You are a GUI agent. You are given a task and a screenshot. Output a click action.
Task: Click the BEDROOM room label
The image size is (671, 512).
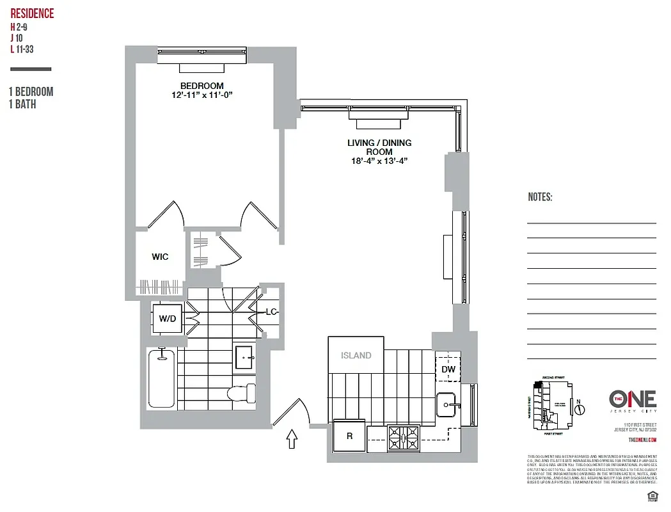tap(201, 86)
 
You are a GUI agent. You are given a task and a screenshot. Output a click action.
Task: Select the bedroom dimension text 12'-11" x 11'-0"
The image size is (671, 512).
tap(201, 96)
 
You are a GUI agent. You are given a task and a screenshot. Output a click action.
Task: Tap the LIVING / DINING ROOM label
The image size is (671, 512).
tap(379, 147)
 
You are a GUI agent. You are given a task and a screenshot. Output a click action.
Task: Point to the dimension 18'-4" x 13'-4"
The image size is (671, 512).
tap(379, 161)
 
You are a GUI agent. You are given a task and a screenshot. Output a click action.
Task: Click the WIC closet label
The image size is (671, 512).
tap(160, 257)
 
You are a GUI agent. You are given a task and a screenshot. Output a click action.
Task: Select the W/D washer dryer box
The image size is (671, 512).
tap(168, 318)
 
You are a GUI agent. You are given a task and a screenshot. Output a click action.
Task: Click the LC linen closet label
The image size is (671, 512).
tap(271, 312)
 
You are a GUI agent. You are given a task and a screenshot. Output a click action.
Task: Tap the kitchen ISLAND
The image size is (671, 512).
tap(356, 356)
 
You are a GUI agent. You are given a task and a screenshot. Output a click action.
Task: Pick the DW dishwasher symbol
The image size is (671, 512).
tap(448, 369)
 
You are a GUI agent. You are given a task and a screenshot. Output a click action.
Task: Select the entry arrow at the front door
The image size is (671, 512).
tap(292, 438)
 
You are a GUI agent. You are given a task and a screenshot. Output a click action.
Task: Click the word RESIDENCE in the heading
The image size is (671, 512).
tap(32, 13)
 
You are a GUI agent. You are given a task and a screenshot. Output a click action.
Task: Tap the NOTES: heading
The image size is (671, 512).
tap(540, 197)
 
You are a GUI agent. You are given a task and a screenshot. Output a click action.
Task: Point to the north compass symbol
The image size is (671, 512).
tap(579, 406)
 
